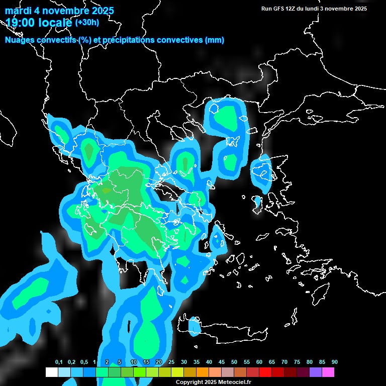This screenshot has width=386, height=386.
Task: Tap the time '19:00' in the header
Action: point(22,23)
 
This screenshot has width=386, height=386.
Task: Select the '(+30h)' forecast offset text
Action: point(87,22)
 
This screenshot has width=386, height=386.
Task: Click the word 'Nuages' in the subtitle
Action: point(21,40)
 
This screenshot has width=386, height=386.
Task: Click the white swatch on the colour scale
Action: point(51,372)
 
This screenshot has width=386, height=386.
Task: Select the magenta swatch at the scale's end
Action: point(328,372)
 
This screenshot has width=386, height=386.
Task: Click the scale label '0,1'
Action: point(59,362)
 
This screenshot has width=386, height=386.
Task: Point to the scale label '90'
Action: point(335,362)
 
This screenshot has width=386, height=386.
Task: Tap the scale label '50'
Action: point(234,362)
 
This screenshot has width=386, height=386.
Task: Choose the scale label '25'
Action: point(171,362)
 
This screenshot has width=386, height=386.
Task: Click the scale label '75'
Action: point(297,362)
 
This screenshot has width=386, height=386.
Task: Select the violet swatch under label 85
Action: point(316,372)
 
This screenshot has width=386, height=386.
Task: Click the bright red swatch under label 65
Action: point(265,372)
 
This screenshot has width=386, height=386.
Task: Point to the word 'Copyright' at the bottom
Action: point(189,382)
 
